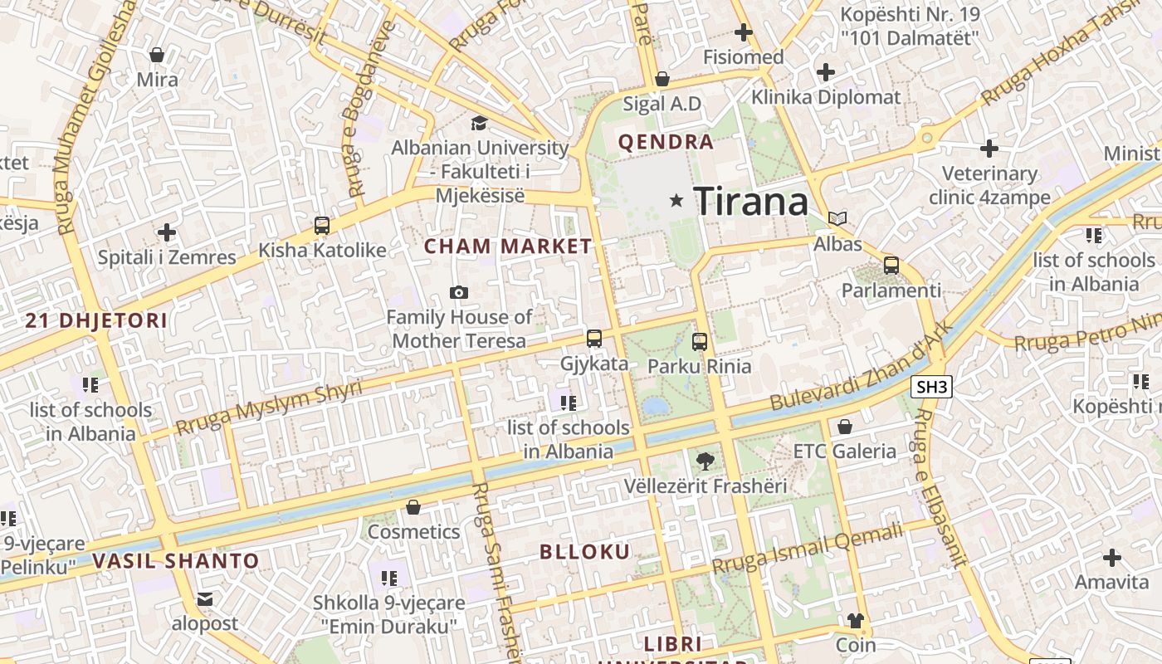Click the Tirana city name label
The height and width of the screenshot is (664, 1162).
750,202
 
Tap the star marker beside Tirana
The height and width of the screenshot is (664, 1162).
676,200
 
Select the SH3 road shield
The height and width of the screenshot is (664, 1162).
931,387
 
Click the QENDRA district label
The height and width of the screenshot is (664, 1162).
666,142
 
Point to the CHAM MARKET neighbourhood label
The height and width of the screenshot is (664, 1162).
508,247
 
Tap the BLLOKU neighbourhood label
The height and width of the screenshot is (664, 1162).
584,552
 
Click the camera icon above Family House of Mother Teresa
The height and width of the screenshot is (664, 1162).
458,292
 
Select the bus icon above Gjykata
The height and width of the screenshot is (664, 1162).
593,338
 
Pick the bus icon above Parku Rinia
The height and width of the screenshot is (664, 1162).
700,341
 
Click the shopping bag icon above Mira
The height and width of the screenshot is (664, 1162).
157,56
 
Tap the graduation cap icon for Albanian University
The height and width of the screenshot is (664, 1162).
480,124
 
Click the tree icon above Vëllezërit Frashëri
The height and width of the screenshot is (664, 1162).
705,461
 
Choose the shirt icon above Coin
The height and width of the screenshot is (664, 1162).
855,621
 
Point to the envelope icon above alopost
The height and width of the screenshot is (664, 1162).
205,599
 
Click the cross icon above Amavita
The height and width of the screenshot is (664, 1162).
1111,558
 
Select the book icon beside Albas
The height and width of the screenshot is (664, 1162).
837,218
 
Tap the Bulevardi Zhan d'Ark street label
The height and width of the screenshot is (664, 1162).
859,367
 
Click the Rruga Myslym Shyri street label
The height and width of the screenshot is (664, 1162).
269,408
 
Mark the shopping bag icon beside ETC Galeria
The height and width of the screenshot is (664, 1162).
844,427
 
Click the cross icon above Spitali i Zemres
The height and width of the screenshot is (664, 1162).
167,232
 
